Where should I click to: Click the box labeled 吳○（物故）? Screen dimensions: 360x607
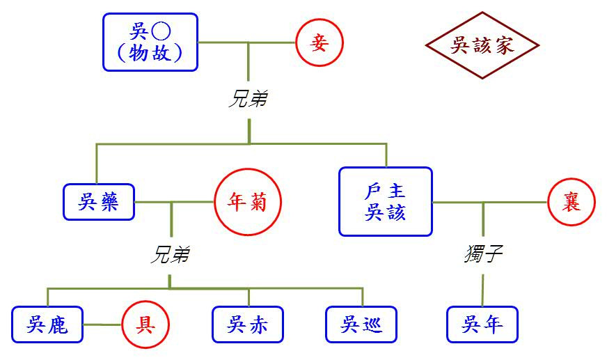tap(150, 42)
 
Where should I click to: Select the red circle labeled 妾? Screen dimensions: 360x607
tap(320, 42)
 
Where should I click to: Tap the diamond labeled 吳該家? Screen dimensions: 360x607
tap(482, 46)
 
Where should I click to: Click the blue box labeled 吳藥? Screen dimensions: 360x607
tap(98, 202)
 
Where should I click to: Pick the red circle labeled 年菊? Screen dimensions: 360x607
tap(248, 203)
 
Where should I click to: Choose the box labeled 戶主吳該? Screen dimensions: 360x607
tap(385, 201)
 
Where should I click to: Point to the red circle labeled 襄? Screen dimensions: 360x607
tap(571, 203)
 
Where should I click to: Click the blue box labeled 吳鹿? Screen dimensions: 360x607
tap(47, 324)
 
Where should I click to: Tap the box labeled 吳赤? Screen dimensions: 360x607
tap(248, 324)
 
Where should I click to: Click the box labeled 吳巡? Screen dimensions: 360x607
tap(361, 324)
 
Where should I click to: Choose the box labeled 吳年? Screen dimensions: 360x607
tap(482, 324)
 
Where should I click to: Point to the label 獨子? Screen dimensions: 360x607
tap(482, 254)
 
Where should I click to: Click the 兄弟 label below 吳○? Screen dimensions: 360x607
tap(249, 100)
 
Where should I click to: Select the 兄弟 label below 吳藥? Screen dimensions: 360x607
tap(171, 256)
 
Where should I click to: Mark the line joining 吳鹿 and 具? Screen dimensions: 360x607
tap(102, 324)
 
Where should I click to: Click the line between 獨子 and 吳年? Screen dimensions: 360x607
tap(482, 288)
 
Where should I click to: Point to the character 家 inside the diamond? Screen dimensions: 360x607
tap(505, 46)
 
